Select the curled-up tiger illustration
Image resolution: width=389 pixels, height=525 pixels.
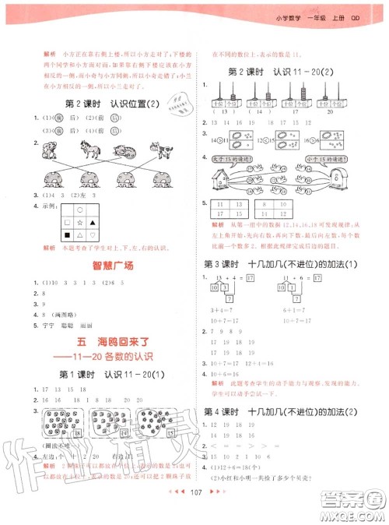118,151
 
